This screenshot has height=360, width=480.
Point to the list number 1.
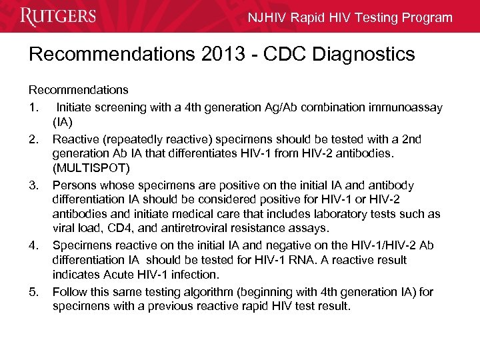click(x=32, y=107)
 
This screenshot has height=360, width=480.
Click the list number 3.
click(x=33, y=185)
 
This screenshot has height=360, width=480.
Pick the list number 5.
click(x=33, y=291)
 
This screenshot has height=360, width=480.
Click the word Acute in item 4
click(x=119, y=275)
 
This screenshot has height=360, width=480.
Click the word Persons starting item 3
click(x=74, y=185)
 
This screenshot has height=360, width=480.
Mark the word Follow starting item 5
click(x=69, y=291)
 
